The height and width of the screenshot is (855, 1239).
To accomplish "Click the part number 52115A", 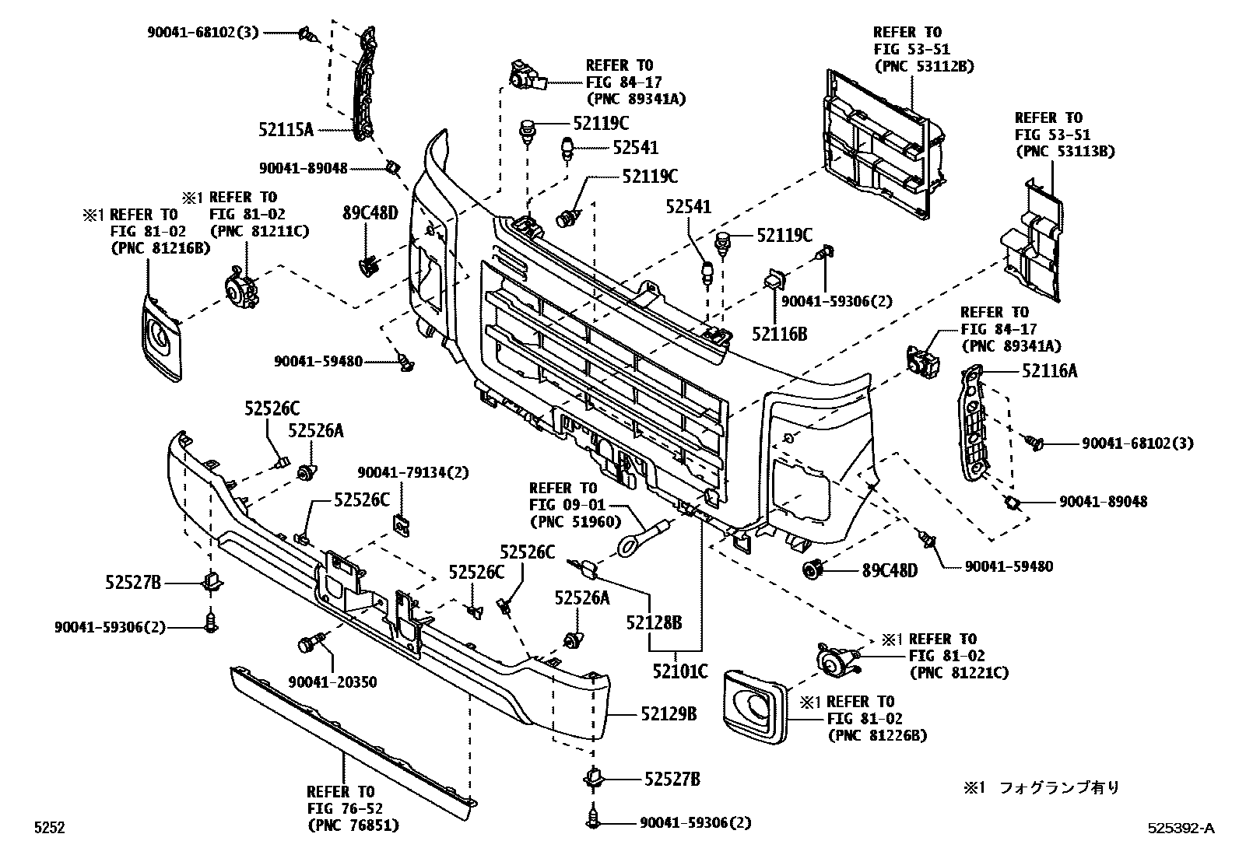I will (x=286, y=130).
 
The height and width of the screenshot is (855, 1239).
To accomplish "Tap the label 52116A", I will (x=1050, y=371).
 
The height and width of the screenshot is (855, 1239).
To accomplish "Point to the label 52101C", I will (x=679, y=670).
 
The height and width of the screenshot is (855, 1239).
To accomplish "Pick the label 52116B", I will (x=779, y=335).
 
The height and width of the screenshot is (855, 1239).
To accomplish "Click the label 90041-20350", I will (x=332, y=682).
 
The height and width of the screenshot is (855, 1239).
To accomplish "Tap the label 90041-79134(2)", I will (x=413, y=472).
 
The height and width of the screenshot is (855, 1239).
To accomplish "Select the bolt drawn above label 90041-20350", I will (x=307, y=644).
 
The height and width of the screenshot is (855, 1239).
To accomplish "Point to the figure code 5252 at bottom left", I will (x=48, y=828).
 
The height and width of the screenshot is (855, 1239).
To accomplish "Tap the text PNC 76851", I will (x=353, y=825).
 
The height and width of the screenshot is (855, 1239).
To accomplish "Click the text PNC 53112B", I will (x=924, y=66).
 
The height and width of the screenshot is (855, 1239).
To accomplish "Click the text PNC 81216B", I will (x=161, y=248).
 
